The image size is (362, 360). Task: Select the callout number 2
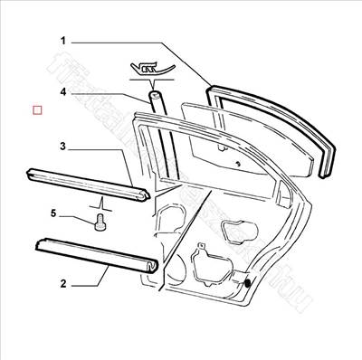pos(63,284)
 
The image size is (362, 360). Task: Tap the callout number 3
pos(63,146)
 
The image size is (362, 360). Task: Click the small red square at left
pos(37,110)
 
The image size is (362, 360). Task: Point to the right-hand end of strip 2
pos(153,266)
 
